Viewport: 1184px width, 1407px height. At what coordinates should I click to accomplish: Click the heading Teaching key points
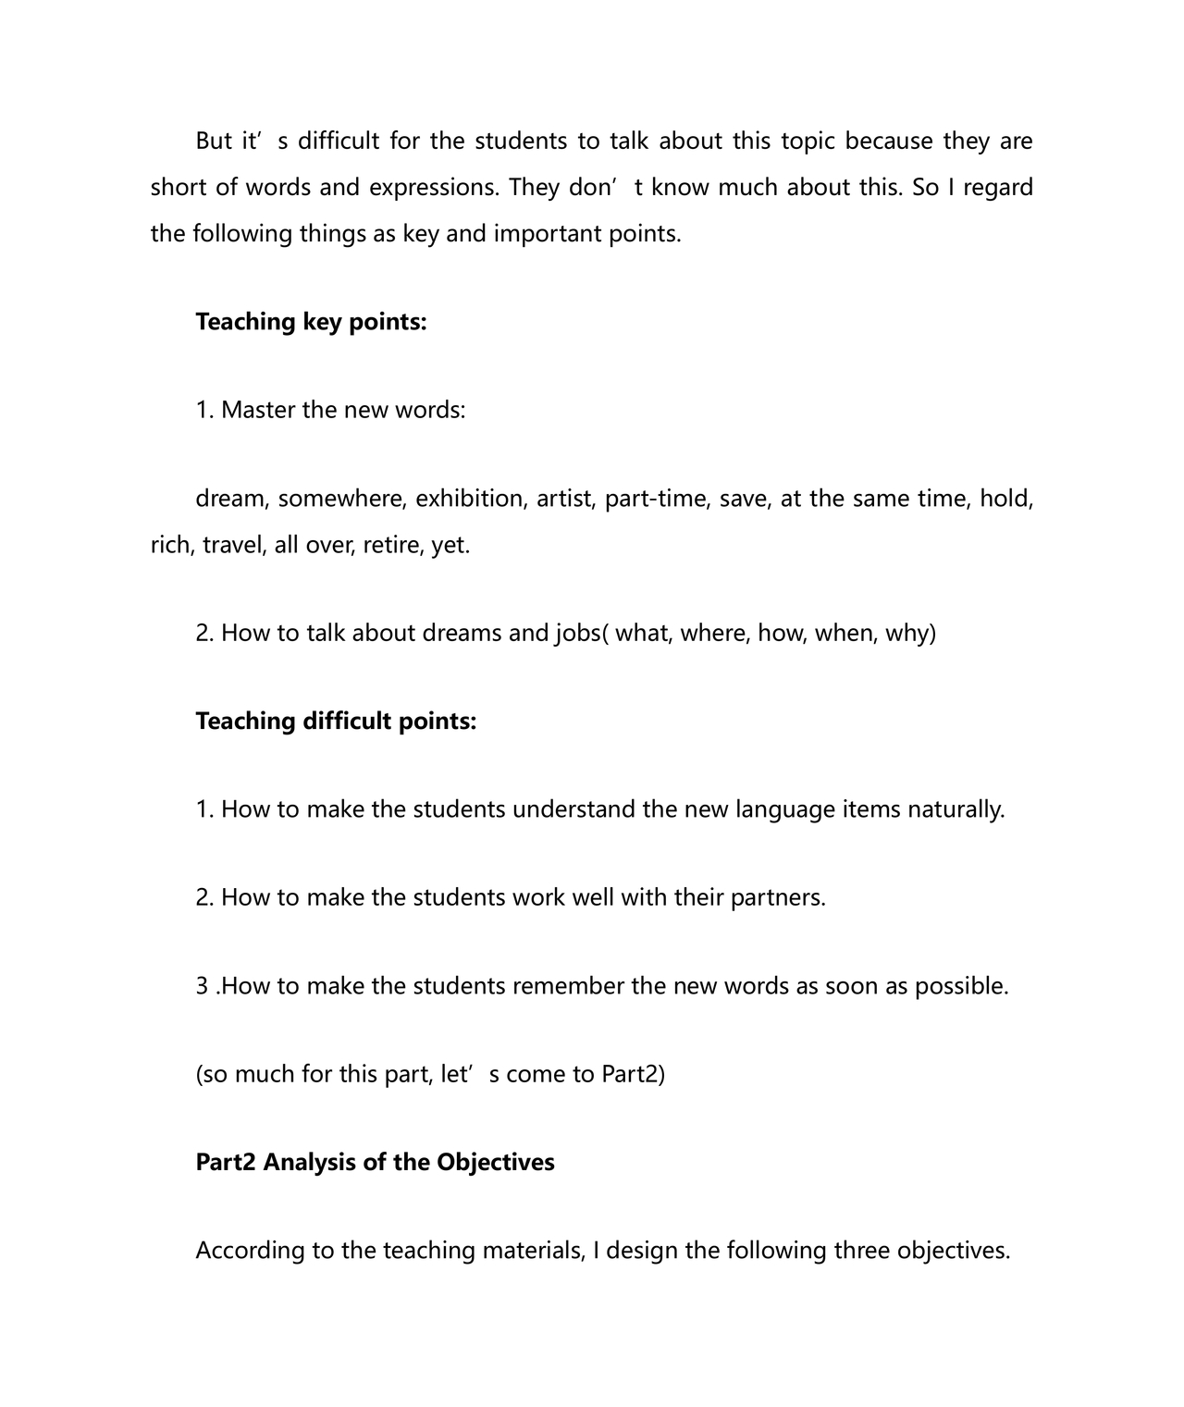point(311,322)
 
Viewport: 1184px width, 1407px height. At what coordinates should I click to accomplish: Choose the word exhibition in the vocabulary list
point(469,500)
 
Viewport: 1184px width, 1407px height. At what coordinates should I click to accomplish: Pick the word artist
point(567,500)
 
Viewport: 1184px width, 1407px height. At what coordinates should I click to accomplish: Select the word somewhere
point(342,500)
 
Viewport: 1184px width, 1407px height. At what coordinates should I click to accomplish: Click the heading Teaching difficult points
point(336,722)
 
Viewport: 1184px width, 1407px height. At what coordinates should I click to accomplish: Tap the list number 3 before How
point(202,986)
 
